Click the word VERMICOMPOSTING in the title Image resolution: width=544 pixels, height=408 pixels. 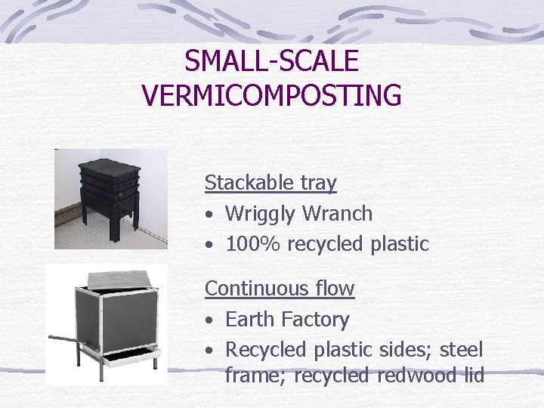click(x=271, y=96)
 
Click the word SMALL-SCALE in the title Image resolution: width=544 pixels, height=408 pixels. click(x=271, y=60)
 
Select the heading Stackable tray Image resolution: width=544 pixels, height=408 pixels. click(x=270, y=183)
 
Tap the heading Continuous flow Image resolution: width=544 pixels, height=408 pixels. click(x=280, y=289)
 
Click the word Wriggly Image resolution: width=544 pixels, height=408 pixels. click(x=261, y=214)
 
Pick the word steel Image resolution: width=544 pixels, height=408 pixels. click(x=460, y=350)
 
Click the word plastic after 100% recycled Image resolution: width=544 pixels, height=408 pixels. click(x=400, y=244)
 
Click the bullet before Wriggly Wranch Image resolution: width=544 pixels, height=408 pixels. click(x=209, y=215)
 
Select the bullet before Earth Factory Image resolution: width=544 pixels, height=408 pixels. click(x=209, y=320)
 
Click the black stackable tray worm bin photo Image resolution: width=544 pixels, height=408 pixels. click(x=111, y=198)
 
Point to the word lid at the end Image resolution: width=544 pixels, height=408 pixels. click(x=470, y=376)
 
